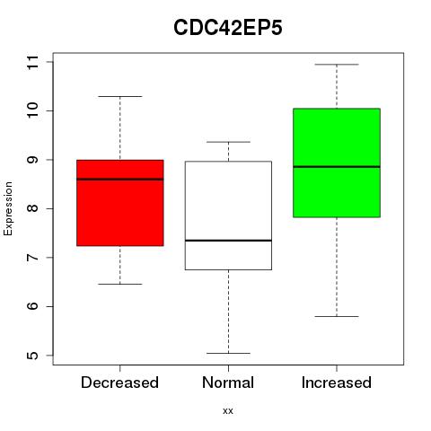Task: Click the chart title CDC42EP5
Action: pos(228,28)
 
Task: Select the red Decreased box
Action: pos(120,203)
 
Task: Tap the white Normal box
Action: pos(228,215)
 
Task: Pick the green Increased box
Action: pos(337,163)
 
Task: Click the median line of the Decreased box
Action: pos(120,180)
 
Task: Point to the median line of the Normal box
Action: pos(228,241)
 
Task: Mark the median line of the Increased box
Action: pos(337,167)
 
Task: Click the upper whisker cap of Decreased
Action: pos(120,96)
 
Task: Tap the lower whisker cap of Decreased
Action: pos(120,284)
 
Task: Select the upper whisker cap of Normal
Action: pos(228,142)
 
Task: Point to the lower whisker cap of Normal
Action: pos(228,353)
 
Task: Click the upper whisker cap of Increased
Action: pos(337,65)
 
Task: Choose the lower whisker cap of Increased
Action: pos(337,316)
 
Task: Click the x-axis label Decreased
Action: pos(119,383)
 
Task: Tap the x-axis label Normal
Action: pos(228,383)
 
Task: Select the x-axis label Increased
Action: pos(337,383)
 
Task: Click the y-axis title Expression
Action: pos(8,208)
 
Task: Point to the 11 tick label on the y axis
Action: pos(33,62)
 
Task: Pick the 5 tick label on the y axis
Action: pos(33,356)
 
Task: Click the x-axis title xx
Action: pos(228,410)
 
